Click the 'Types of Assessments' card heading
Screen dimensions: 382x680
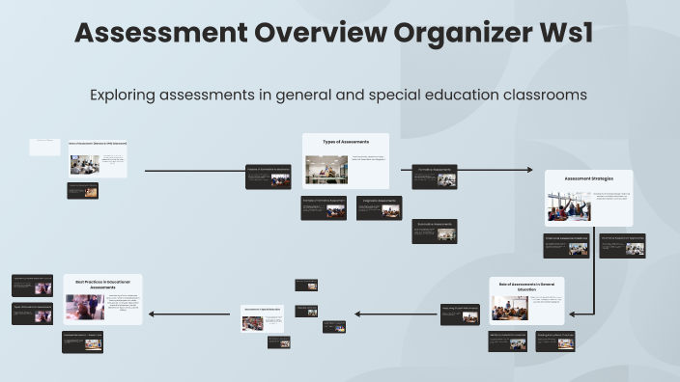pyautogui.click(x=345, y=142)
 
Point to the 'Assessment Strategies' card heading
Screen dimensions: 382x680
pyautogui.click(x=588, y=178)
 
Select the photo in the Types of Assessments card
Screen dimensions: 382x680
pyautogui.click(x=326, y=170)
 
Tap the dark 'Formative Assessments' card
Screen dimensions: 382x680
pyautogui.click(x=434, y=177)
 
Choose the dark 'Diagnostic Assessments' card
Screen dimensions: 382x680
pyautogui.click(x=379, y=208)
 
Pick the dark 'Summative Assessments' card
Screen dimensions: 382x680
pyautogui.click(x=434, y=231)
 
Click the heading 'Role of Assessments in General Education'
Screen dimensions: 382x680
pyautogui.click(x=526, y=286)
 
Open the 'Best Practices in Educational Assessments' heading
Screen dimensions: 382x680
pyautogui.click(x=102, y=284)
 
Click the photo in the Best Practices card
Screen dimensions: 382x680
pyautogui.click(x=85, y=307)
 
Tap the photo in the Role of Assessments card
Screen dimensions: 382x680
pyautogui.click(x=509, y=308)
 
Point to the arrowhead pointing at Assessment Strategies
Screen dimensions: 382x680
pyautogui.click(x=528, y=170)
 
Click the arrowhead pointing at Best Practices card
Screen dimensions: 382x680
pyautogui.click(x=152, y=314)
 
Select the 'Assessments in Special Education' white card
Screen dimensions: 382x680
pyautogui.click(x=263, y=317)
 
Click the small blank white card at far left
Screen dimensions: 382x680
pyautogui.click(x=44, y=147)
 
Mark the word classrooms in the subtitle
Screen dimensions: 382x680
pyautogui.click(x=539, y=95)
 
